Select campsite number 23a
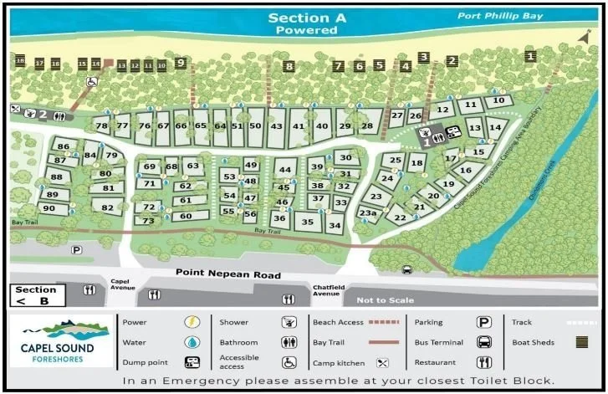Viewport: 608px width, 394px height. pos(368,213)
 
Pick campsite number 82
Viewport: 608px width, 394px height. pos(107,207)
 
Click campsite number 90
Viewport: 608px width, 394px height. pos(49,208)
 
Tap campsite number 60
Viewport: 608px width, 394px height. pos(186,216)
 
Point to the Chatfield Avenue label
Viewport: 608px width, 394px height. pos(326,290)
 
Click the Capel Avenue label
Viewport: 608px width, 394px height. pos(122,285)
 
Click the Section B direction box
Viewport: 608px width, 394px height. pos(36,294)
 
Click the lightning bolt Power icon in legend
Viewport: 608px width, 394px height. pos(192,321)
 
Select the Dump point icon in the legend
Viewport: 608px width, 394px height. pos(192,362)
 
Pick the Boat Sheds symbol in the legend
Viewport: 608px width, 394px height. pos(581,341)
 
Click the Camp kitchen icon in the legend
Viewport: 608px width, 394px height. pos(383,362)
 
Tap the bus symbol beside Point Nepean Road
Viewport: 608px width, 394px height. pos(407,269)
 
